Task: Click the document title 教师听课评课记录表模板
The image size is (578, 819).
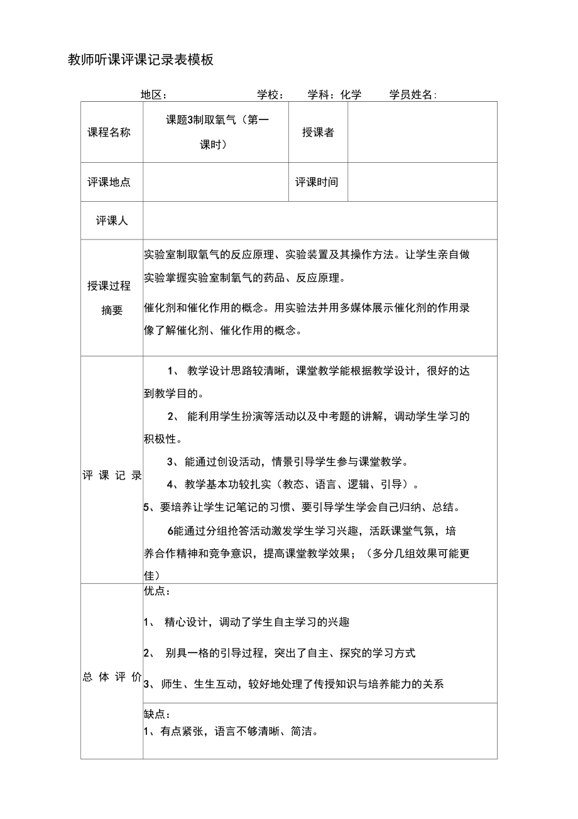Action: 141,60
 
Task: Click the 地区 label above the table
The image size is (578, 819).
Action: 153,95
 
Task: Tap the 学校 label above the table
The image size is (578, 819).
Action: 270,95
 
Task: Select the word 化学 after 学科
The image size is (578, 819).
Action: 351,95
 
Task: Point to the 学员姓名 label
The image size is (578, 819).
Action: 412,95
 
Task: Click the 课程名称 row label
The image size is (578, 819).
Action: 109,132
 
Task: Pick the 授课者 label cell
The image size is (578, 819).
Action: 318,132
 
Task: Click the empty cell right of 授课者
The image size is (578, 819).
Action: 422,132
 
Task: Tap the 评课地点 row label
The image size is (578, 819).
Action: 109,182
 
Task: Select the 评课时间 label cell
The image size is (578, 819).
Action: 317,182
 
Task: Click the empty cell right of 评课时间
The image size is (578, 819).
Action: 422,182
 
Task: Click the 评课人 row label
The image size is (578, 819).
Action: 112,221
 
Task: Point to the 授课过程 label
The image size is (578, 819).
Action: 109,286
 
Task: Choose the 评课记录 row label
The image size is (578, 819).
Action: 112,475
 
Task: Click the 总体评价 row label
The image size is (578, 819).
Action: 112,676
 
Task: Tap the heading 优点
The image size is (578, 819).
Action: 156,591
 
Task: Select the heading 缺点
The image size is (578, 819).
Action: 156,714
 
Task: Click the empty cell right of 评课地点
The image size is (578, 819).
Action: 215,182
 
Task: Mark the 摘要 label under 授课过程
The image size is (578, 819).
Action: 112,311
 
